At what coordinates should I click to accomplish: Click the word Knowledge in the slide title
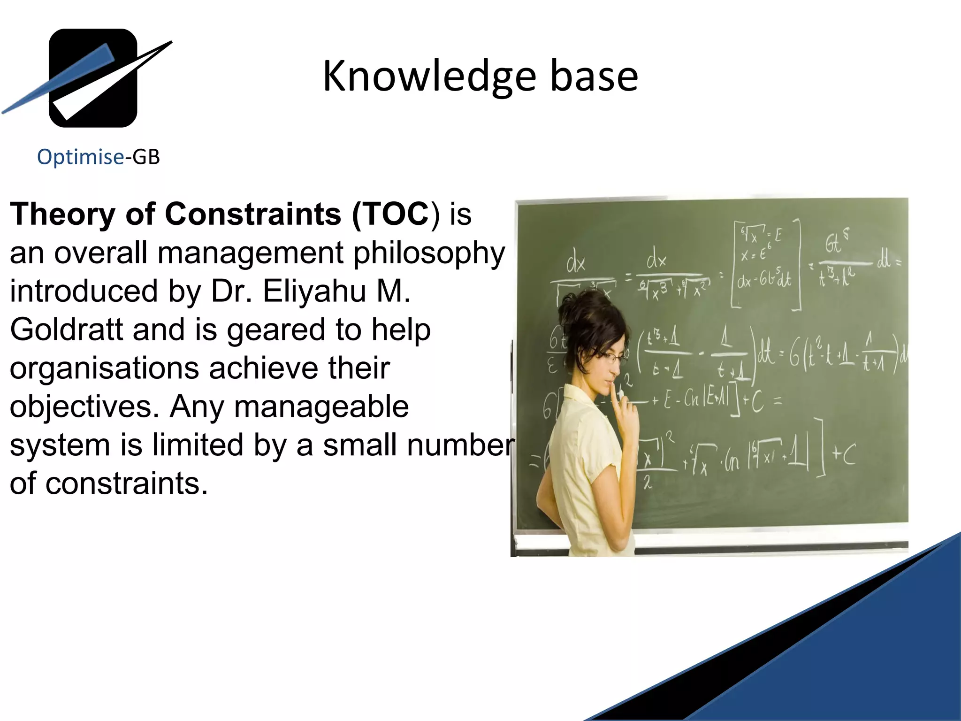429,76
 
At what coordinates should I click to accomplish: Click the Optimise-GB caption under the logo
99,157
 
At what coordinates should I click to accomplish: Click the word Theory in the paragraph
62,214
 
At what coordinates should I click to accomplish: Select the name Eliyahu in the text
314,291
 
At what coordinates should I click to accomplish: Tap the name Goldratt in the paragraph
66,330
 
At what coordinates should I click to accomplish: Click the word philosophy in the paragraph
429,253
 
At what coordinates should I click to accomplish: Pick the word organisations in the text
104,368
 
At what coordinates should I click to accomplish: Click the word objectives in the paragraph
84,407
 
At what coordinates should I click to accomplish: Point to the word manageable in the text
321,407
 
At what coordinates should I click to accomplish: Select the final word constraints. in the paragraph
126,483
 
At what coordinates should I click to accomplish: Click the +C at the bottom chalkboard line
843,454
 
